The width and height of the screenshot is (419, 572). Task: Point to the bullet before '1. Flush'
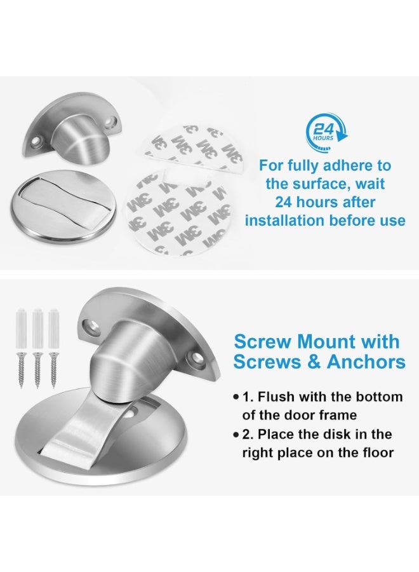coord(236,397)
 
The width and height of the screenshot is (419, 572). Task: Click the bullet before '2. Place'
coord(236,435)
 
